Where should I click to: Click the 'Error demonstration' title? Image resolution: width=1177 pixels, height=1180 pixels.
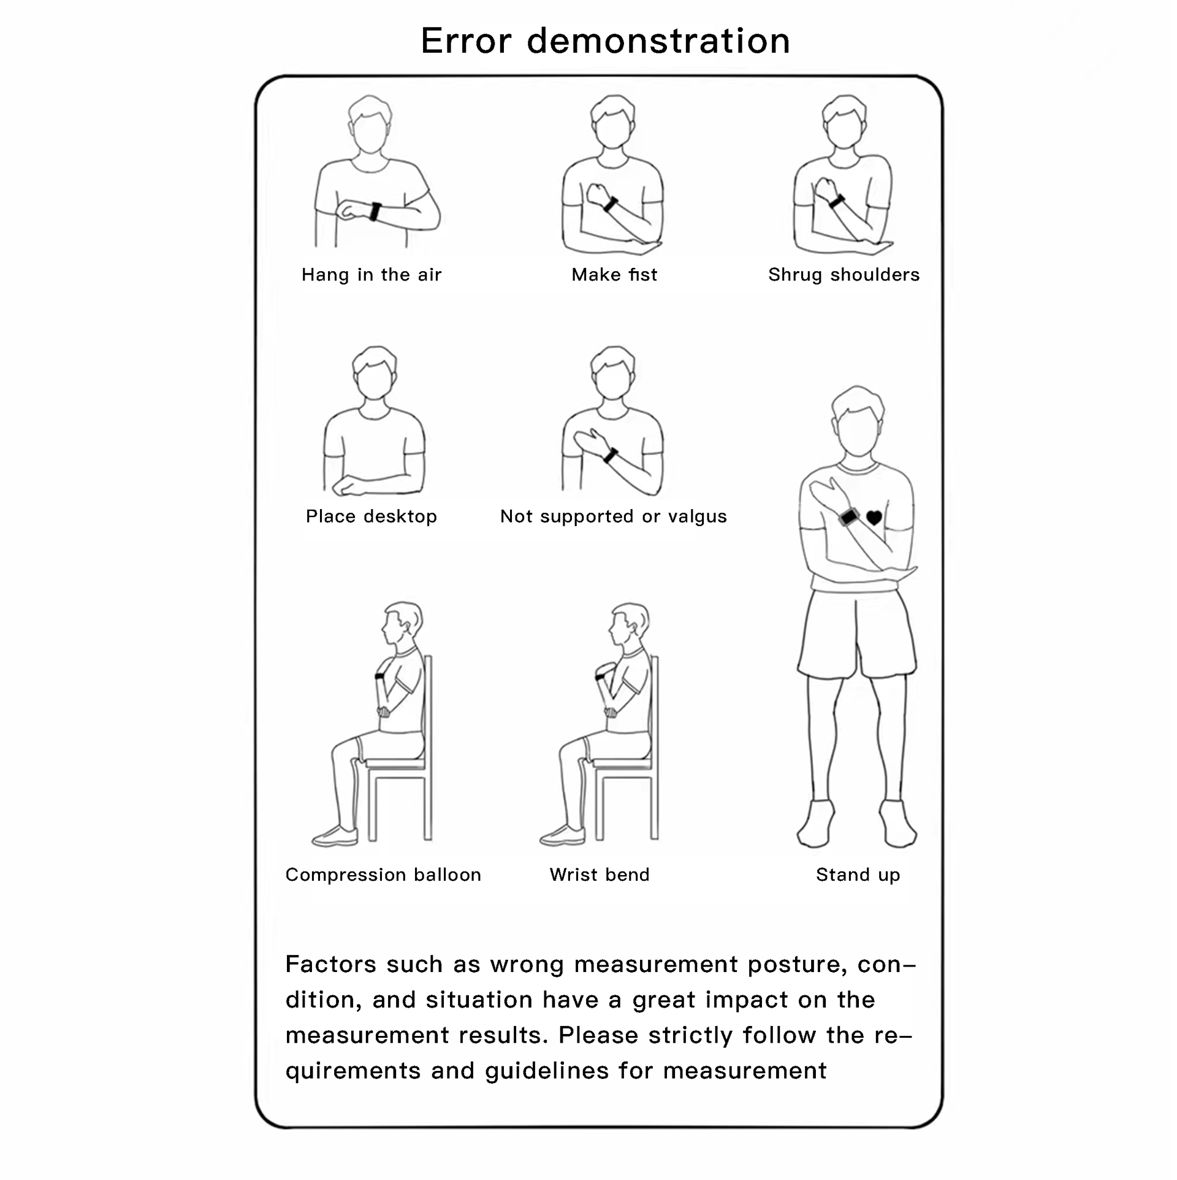pyautogui.click(x=605, y=41)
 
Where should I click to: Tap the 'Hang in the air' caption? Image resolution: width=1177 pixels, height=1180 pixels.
pyautogui.click(x=371, y=275)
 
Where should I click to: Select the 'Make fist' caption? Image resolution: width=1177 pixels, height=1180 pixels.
pyautogui.click(x=614, y=274)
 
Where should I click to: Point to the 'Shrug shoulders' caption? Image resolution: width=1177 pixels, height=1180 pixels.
pyautogui.click(x=844, y=275)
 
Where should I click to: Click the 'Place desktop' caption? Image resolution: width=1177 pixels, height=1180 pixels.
pyautogui.click(x=371, y=516)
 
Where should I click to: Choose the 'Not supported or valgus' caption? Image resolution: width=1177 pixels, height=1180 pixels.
pyautogui.click(x=614, y=516)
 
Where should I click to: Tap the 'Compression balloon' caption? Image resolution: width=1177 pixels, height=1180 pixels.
pyautogui.click(x=383, y=875)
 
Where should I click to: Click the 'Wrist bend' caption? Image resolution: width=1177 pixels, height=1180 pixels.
pyautogui.click(x=600, y=875)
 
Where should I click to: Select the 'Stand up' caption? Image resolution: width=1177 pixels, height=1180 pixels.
pyautogui.click(x=858, y=875)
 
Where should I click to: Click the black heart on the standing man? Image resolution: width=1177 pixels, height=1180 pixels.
pyautogui.click(x=874, y=518)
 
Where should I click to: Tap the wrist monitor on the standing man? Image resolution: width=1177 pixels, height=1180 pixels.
pyautogui.click(x=848, y=517)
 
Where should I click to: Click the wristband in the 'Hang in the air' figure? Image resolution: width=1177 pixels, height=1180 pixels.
pyautogui.click(x=375, y=212)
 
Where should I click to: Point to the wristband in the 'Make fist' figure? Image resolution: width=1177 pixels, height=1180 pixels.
pyautogui.click(x=611, y=204)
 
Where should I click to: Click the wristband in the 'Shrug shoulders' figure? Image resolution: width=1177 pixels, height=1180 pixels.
pyautogui.click(x=837, y=201)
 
